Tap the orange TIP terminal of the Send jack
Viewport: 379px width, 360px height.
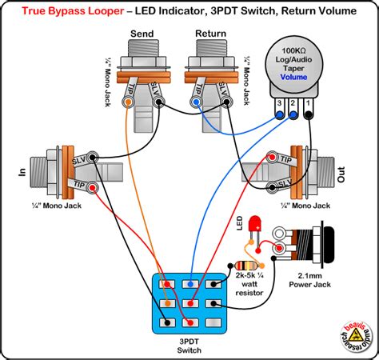pyautogui.click(x=128, y=102)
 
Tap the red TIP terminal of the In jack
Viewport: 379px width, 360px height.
pyautogui.click(x=94, y=188)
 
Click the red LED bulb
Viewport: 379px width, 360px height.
pyautogui.click(x=256, y=223)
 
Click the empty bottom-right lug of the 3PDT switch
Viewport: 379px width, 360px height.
pyautogui.click(x=213, y=322)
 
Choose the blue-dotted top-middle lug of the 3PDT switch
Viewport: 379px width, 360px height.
pyautogui.click(x=189, y=284)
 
